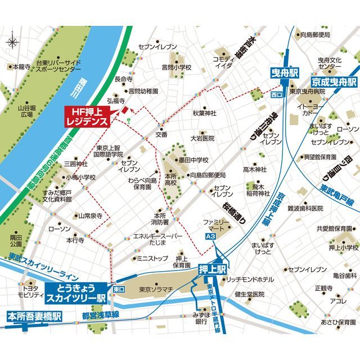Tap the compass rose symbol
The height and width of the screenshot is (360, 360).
coord(13,42)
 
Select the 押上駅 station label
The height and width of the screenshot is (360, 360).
coord(212,269)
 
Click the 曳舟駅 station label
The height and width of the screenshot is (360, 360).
coord(282,74)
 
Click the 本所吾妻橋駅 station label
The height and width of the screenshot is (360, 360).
coord(34,315)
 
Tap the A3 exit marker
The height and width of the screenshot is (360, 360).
coord(210,238)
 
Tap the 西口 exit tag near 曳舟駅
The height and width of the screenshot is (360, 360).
coord(276,94)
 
